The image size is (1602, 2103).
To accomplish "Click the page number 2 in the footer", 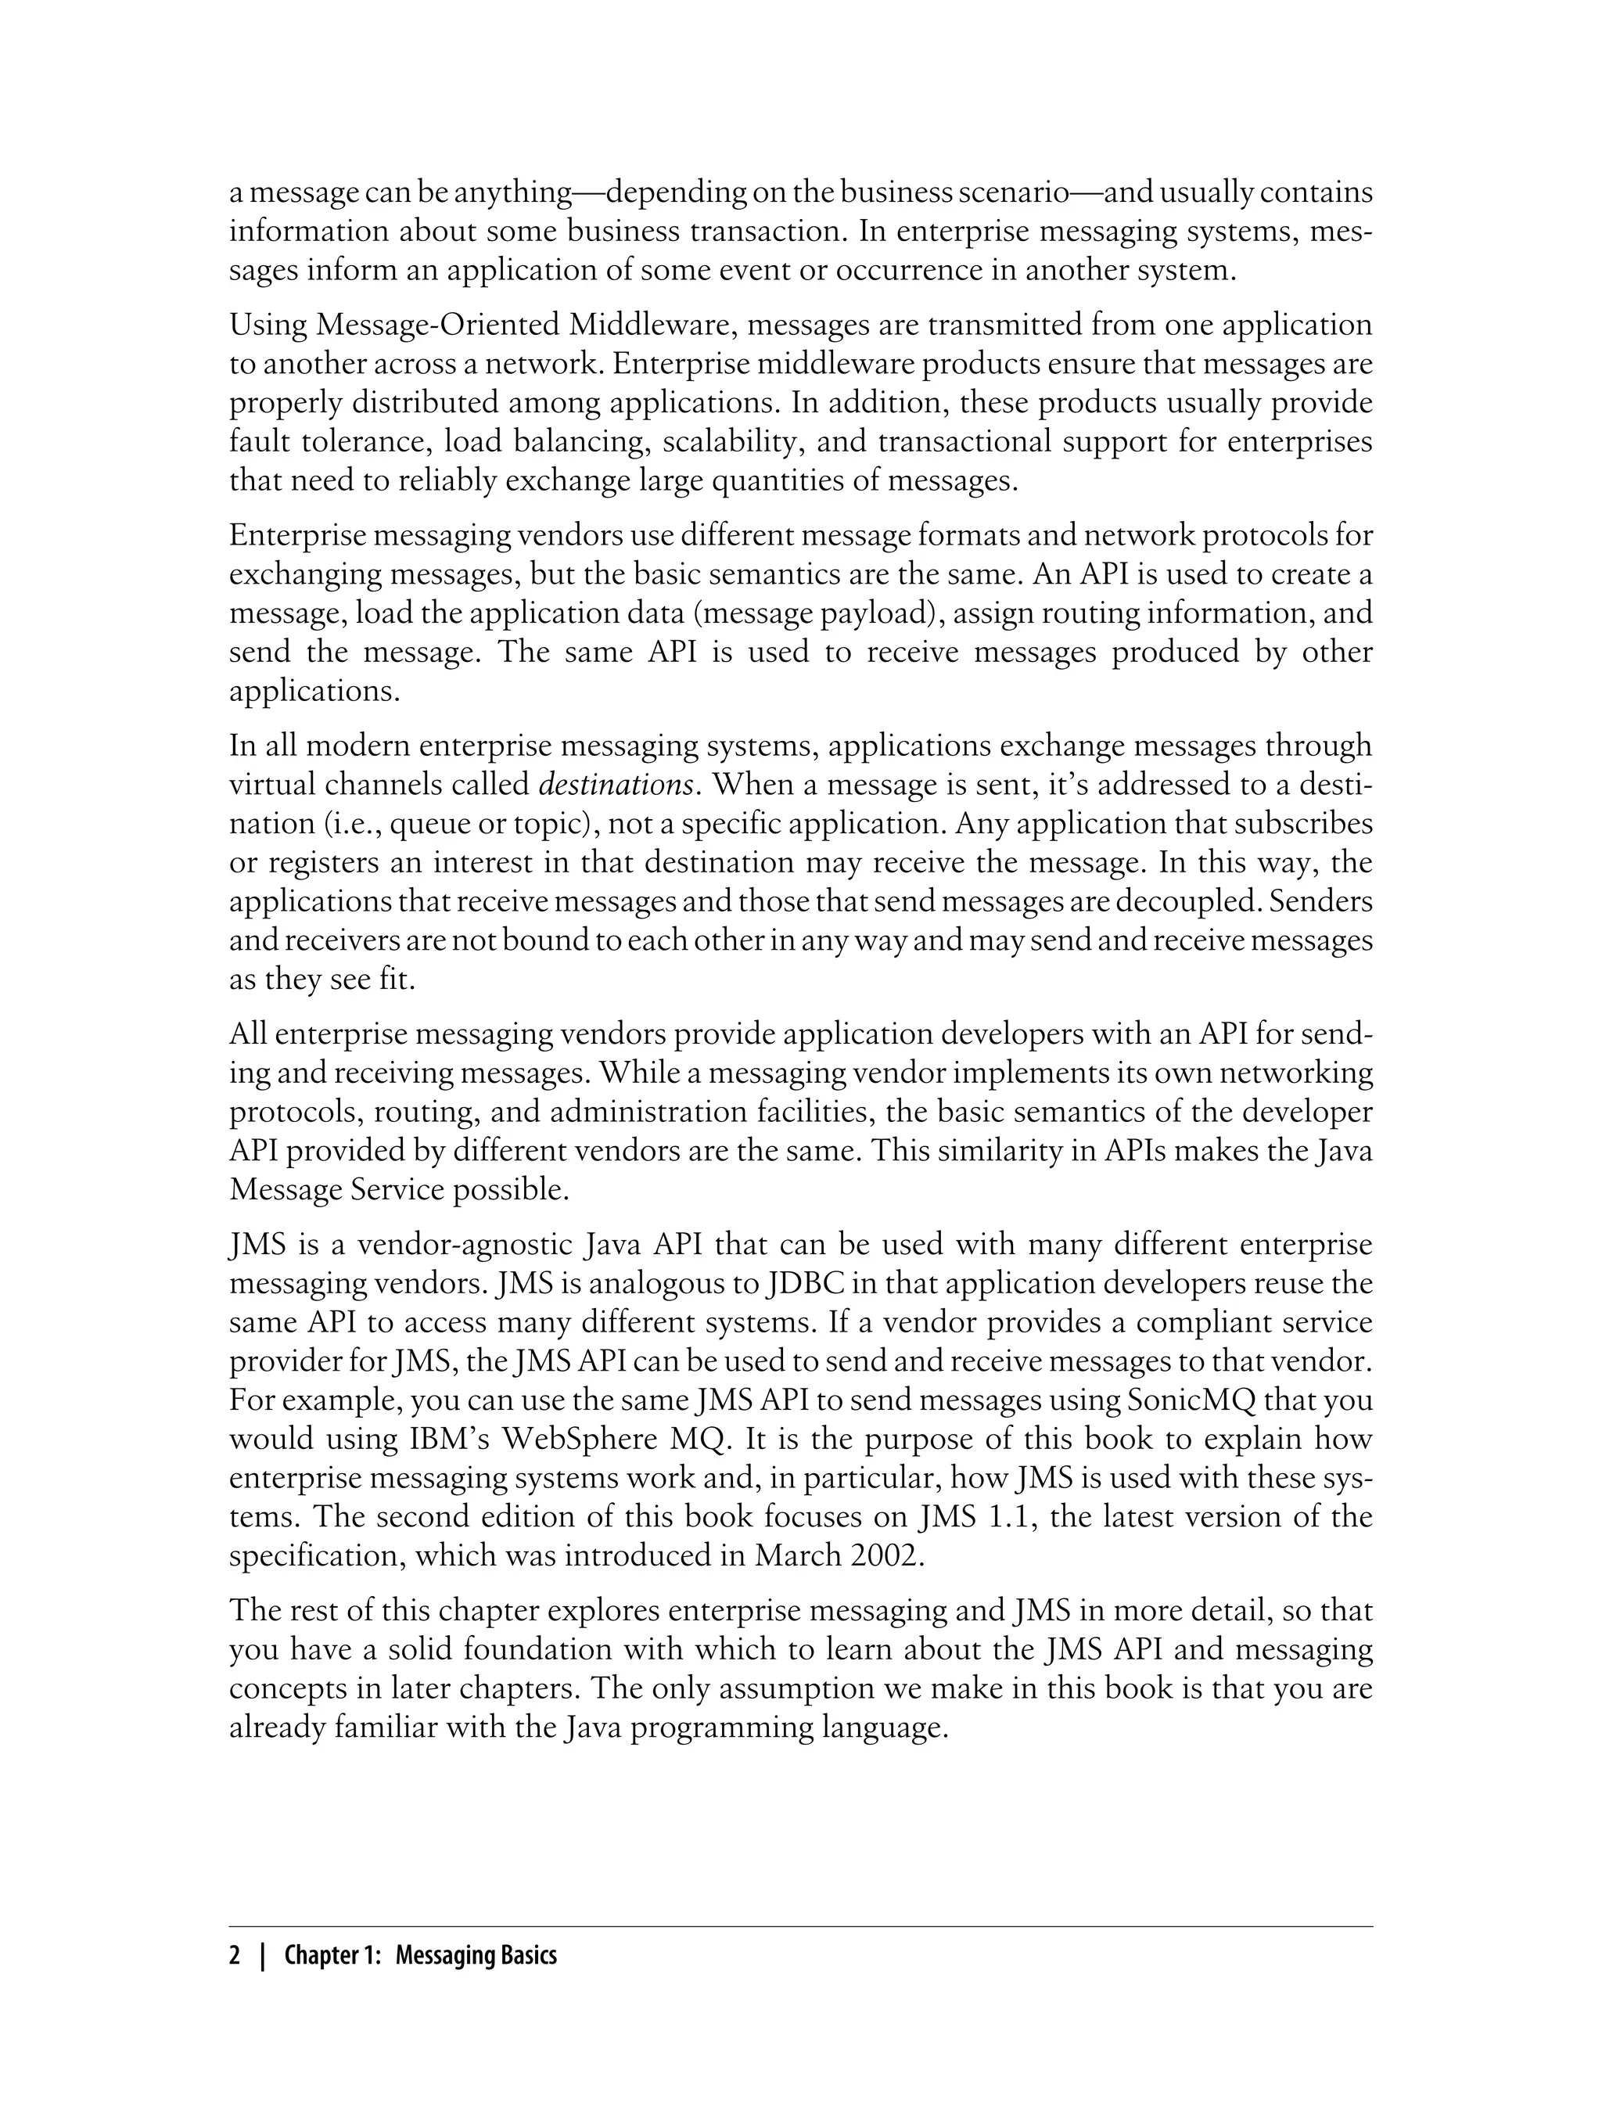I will coord(235,1956).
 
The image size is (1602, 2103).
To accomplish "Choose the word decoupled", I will coord(1206,901).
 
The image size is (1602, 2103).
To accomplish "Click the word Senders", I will coord(1329,901).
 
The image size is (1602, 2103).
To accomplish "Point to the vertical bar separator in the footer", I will coord(261,1956).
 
